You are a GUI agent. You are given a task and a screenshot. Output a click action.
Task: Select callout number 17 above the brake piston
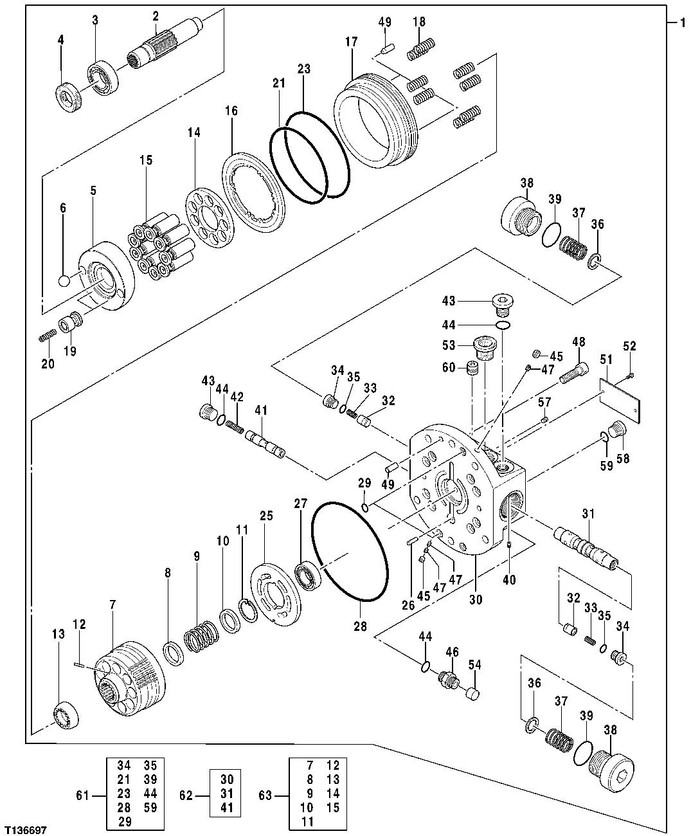[351, 41]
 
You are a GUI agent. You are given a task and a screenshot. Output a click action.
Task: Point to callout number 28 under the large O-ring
[360, 626]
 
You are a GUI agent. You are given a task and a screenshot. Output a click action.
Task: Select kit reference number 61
[82, 796]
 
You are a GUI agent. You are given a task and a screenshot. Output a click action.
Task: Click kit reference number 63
[265, 796]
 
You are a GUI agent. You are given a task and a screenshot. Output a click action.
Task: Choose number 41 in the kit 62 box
[227, 808]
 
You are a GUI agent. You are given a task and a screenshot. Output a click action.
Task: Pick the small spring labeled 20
[48, 336]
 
